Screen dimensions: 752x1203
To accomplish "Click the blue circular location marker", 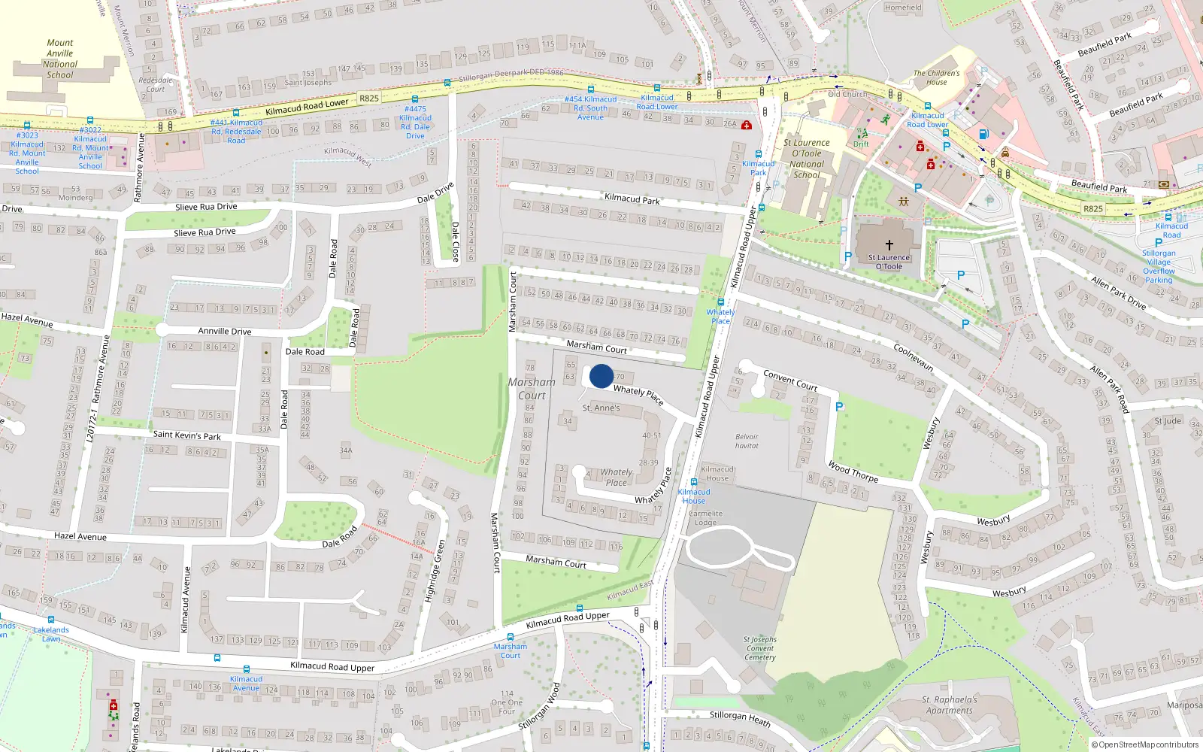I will coord(601,376).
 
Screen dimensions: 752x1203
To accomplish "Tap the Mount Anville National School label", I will coord(59,59).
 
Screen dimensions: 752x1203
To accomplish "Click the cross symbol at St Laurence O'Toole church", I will coord(889,244).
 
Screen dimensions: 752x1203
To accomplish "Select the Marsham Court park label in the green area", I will coord(532,389).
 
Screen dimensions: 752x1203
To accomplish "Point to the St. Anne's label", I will coord(601,408).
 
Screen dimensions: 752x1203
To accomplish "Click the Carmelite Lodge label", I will coord(705,518).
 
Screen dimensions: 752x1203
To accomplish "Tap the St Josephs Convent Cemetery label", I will coord(760,648).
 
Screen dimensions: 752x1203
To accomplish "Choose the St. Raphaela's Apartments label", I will coord(949,705).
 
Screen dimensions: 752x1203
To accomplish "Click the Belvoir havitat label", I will coord(747,441).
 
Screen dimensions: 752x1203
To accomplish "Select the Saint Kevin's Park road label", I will coord(187,435).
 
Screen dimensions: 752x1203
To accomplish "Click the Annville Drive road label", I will coord(224,331).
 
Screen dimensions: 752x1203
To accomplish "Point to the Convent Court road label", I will coord(789,380).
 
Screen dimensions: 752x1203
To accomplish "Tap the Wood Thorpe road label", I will coord(853,472).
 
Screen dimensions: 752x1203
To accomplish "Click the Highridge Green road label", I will coord(434,570).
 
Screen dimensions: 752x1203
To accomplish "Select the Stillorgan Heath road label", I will coord(740,718).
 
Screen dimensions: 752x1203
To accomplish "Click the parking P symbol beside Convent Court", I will coord(839,407).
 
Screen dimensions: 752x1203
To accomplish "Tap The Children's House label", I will coord(936,77).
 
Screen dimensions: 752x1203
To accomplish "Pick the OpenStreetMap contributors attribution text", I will coord(1144,744).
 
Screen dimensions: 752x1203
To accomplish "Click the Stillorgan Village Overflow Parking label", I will coord(1159,266).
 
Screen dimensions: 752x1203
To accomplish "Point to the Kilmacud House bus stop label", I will coord(693,496).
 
